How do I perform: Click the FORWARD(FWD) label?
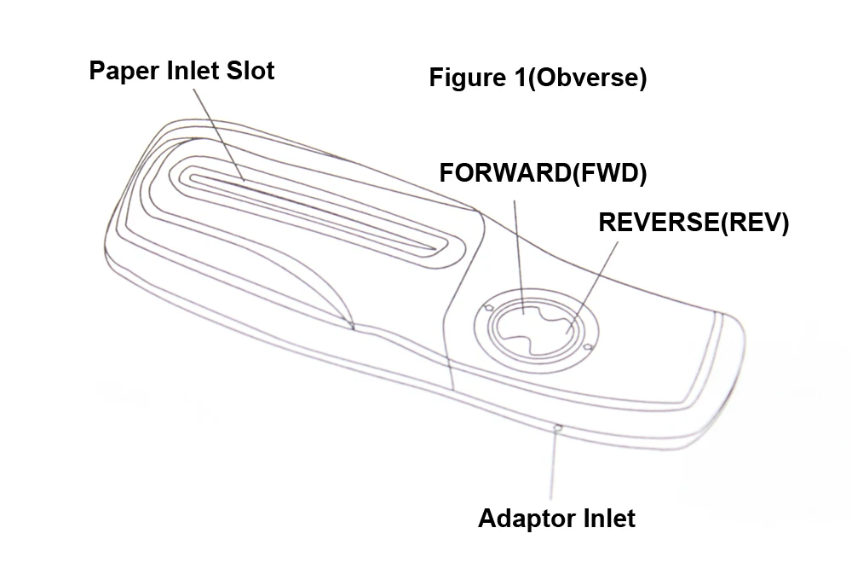click(543, 173)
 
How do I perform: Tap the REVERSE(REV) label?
click(694, 223)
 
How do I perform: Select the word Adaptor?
click(519, 518)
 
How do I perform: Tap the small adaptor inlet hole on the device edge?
click(556, 427)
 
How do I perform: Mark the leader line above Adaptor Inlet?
click(556, 465)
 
